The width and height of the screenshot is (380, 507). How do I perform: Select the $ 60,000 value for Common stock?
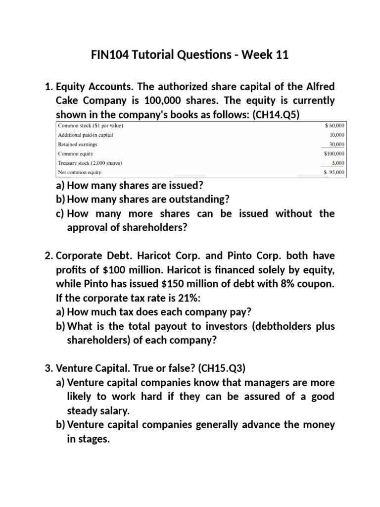(334, 126)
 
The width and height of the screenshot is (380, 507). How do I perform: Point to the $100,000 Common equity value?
(334, 154)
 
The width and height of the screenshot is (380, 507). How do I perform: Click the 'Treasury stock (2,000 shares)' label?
(90, 163)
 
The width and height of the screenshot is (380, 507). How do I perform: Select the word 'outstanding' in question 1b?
(196, 200)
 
